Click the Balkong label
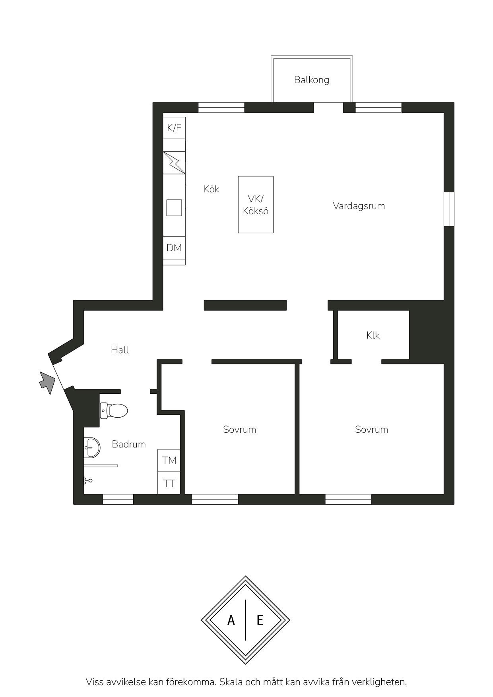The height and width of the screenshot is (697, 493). coord(312,80)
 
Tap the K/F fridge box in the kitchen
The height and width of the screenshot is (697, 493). coord(174,128)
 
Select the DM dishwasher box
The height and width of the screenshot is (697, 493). coord(174,248)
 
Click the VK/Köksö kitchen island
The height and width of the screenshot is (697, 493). coord(256,205)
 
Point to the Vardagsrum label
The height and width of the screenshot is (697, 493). coord(359,206)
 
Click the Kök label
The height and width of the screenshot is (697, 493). coord(212,189)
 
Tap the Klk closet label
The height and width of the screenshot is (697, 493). coord(373,335)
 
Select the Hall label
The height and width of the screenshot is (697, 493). coord(120,350)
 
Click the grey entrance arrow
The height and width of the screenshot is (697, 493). coord(47,382)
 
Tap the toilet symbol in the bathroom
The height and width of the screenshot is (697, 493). coord(114,410)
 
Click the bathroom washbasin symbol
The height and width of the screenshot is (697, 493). coord(92,447)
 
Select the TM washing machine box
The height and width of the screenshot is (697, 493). coord(169,460)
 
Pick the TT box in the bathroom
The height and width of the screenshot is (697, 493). coord(169,483)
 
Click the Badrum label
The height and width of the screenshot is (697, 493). coord(129,444)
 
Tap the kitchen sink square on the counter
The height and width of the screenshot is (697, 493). coord(174,208)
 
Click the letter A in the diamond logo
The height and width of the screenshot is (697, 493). coord(231,620)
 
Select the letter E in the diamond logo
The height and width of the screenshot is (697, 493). coord(260,620)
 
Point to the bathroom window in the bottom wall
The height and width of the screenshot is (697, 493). coord(118,500)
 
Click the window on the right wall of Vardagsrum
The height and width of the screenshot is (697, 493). coord(449,209)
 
